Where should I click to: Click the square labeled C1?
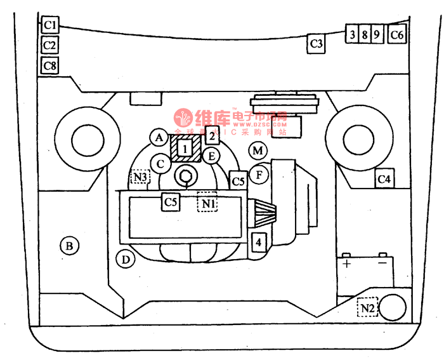[x=50, y=25]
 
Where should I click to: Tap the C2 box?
[x=50, y=45]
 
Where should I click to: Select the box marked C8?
[x=50, y=65]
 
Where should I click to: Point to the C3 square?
[x=317, y=44]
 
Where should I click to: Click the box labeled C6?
[x=397, y=34]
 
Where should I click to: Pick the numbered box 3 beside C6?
[x=351, y=34]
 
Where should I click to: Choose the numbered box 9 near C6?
[x=376, y=34]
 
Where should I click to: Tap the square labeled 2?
[x=212, y=135]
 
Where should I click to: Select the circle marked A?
[x=159, y=137]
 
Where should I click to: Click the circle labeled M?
[x=257, y=151]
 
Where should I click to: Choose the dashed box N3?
[x=140, y=177]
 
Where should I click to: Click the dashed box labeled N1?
[x=208, y=203]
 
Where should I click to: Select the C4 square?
[x=384, y=180]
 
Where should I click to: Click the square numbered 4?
[x=258, y=242]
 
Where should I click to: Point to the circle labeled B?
[x=69, y=245]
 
